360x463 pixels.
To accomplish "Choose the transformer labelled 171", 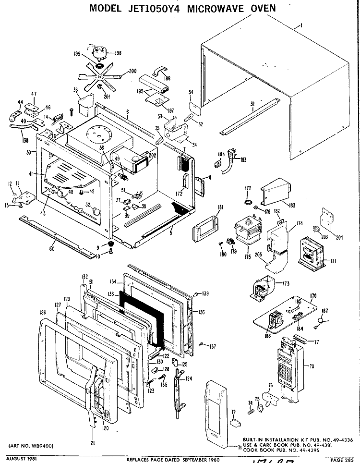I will [x=311, y=251].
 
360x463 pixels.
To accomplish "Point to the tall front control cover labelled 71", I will [x=216, y=414].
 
